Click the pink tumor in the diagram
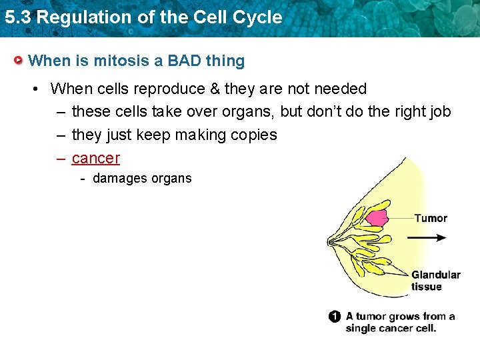(x=377, y=217)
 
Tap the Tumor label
(x=431, y=218)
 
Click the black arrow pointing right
(x=427, y=237)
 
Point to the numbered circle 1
(x=335, y=317)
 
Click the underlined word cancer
(x=95, y=158)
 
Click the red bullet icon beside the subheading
(x=20, y=61)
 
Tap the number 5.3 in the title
(x=17, y=17)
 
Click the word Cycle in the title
(x=257, y=17)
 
